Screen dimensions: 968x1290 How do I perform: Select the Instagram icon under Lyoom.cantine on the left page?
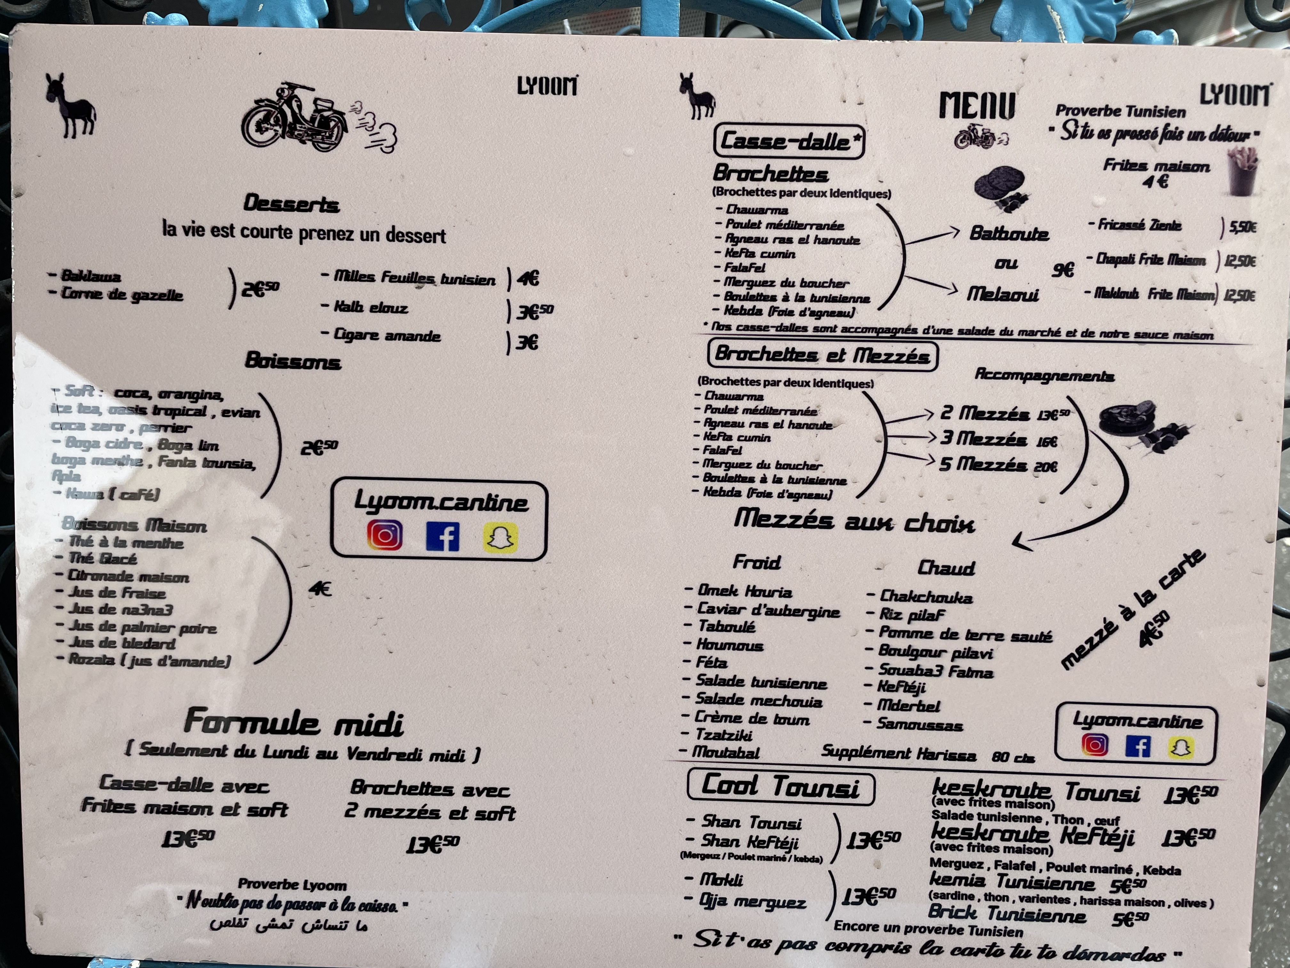tap(384, 535)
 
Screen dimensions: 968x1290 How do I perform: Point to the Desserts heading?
tap(291, 204)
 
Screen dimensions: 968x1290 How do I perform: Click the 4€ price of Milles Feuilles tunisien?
tap(528, 278)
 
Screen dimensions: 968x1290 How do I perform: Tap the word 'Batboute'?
tap(1009, 233)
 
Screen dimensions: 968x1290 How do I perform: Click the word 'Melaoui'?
tap(1002, 294)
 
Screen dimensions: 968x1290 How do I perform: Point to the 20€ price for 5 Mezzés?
tap(1046, 467)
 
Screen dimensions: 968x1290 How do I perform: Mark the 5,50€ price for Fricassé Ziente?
tap(1242, 226)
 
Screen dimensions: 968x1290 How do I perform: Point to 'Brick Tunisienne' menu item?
tap(1007, 913)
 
